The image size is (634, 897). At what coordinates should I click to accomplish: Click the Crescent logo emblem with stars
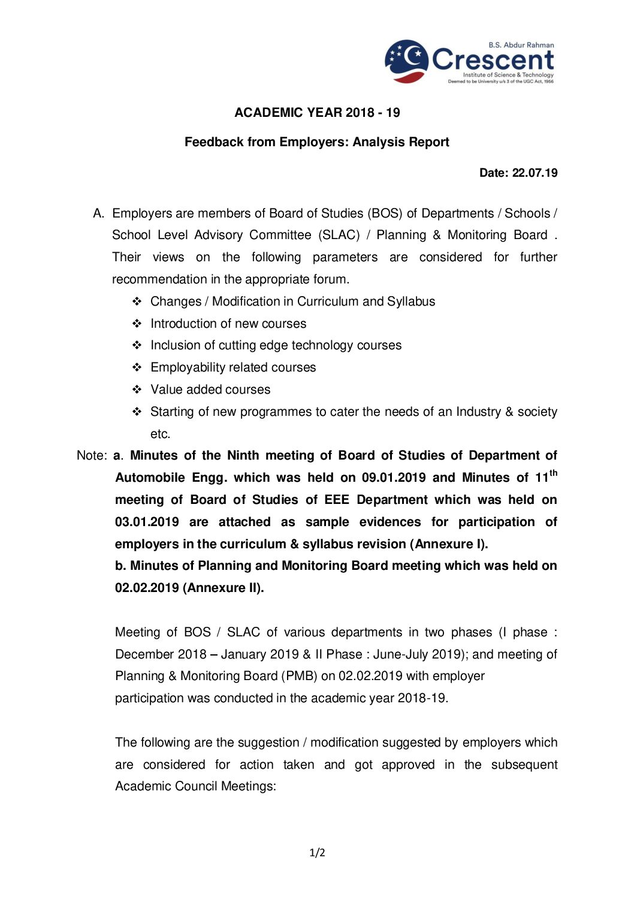coord(406,61)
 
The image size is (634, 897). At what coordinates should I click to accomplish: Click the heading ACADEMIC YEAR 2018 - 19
coord(317,113)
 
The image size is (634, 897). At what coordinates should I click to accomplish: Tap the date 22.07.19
coord(535,173)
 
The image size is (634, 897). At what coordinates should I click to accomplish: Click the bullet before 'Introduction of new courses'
coord(137,324)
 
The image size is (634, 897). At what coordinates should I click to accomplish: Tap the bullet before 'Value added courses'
coord(137,389)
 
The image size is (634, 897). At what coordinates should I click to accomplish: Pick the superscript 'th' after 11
coord(553,473)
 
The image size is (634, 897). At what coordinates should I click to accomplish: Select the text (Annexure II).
coord(223,588)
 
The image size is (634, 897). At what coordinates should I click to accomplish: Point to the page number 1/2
coord(317,853)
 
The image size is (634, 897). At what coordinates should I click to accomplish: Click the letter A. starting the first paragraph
coord(99,213)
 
